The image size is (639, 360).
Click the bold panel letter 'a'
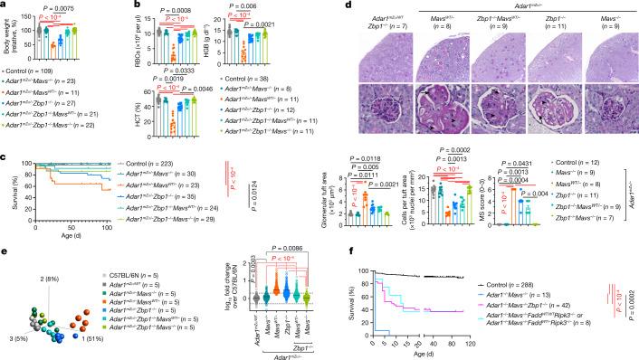[x=5, y=5]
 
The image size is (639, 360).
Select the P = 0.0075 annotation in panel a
[x=65, y=7]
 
